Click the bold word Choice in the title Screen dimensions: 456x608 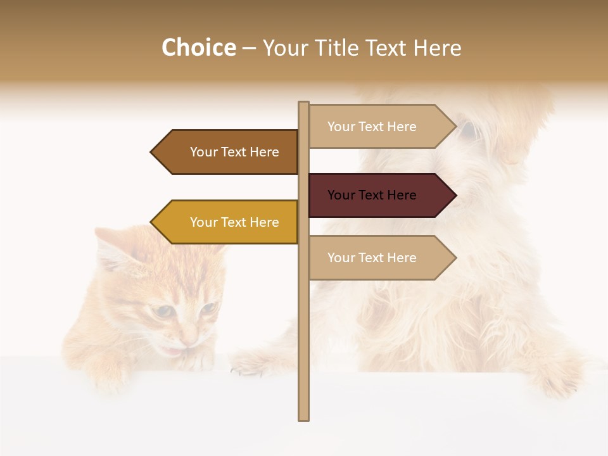198,48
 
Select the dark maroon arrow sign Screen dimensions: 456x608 380,195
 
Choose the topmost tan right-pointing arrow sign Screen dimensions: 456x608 380,127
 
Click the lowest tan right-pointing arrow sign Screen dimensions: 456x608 380,258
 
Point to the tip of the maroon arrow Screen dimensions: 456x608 455,195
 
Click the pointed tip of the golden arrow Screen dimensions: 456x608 152,222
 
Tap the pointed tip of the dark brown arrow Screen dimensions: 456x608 152,152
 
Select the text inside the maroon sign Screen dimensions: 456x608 372,195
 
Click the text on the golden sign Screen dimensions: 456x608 234,222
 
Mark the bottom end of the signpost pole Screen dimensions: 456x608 303,418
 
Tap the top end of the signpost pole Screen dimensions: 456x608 303,103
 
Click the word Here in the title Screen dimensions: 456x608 437,48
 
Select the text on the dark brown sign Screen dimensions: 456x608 234,152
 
